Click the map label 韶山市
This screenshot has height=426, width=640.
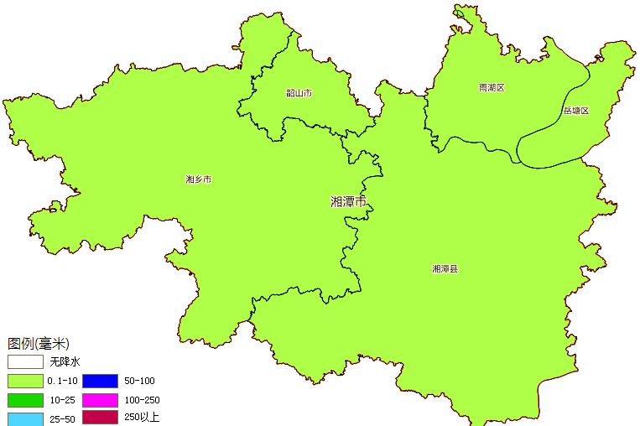pos(299,93)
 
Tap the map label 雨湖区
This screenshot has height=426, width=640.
pos(492,87)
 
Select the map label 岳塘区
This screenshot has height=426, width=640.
pos(576,111)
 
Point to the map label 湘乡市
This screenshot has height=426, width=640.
pos(198,179)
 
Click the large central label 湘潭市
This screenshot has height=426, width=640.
pos(348,202)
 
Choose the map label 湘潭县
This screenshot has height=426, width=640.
pos(445,269)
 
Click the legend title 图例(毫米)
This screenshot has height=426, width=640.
pos(39,344)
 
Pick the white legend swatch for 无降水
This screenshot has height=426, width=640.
pos(25,362)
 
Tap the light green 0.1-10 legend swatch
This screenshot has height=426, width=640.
pos(25,381)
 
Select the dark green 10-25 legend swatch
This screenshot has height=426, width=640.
pos(25,400)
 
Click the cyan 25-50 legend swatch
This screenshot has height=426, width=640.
pos(25,418)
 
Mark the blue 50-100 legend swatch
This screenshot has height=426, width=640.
pos(100,381)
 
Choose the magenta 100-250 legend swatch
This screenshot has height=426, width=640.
pos(100,400)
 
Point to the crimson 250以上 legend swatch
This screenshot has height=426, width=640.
pos(100,417)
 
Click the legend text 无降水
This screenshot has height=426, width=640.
pos(64,362)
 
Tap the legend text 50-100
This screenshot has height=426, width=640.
pos(139,381)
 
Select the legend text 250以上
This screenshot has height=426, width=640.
pos(141,417)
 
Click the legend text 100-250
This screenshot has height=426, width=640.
pos(142,400)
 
